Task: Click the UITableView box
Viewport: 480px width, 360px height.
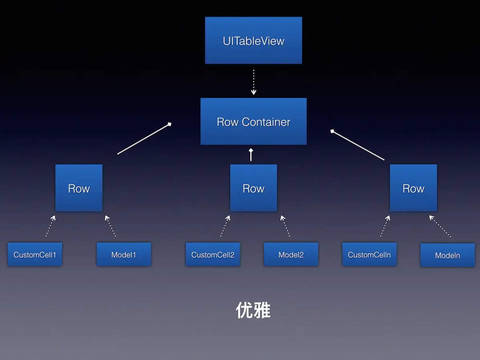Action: tap(254, 40)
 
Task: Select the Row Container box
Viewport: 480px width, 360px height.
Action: tap(254, 121)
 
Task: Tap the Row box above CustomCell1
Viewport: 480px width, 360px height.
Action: tap(79, 188)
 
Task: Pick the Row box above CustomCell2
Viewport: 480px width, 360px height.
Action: tap(254, 188)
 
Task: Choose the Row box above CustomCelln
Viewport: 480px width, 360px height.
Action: tap(413, 188)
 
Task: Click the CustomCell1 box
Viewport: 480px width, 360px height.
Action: tap(35, 254)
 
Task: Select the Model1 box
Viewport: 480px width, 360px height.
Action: tap(124, 254)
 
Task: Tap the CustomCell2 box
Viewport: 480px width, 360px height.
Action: tap(213, 254)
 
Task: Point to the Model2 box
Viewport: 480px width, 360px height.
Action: tap(291, 254)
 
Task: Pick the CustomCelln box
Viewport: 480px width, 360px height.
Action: tap(369, 254)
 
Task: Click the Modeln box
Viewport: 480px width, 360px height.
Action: tap(448, 255)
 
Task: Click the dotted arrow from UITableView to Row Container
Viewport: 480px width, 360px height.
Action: tap(254, 82)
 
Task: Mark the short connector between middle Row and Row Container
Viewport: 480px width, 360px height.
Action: tap(251, 155)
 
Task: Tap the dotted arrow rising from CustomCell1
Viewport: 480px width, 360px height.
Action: tap(50, 226)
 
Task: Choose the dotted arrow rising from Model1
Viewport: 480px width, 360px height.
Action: tap(110, 226)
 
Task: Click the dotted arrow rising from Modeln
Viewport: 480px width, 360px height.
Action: tap(440, 226)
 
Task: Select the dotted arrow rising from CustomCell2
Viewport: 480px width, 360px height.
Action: tap(225, 226)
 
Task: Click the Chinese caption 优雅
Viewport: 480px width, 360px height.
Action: tap(253, 310)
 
